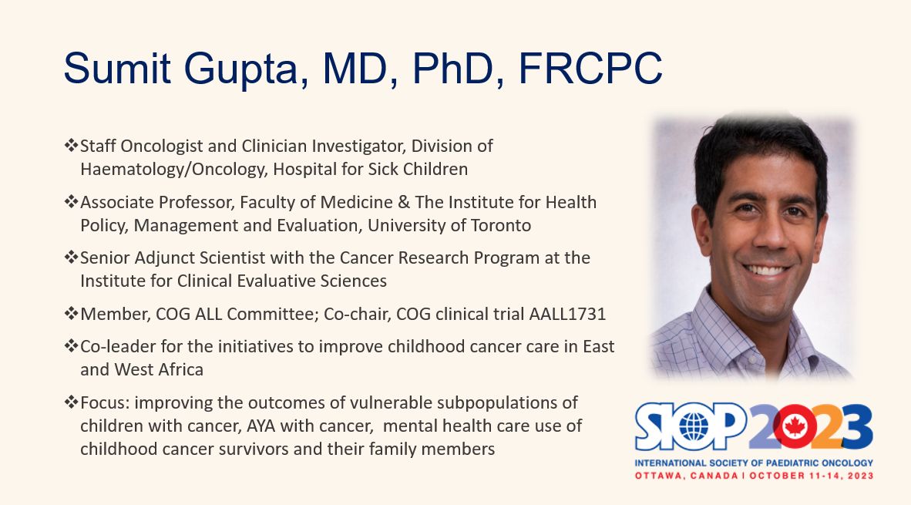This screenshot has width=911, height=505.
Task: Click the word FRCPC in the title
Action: [590, 68]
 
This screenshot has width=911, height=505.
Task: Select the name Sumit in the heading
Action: [117, 68]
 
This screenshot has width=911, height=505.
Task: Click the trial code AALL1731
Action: [567, 314]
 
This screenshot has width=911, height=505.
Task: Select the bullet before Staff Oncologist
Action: [71, 145]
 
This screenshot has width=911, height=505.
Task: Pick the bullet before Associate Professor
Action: [71, 202]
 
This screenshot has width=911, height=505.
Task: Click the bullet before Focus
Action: [71, 402]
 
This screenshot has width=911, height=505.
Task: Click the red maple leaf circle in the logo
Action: [794, 426]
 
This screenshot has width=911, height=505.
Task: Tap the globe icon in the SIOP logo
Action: [693, 427]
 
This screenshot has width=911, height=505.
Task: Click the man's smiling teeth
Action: [766, 270]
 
